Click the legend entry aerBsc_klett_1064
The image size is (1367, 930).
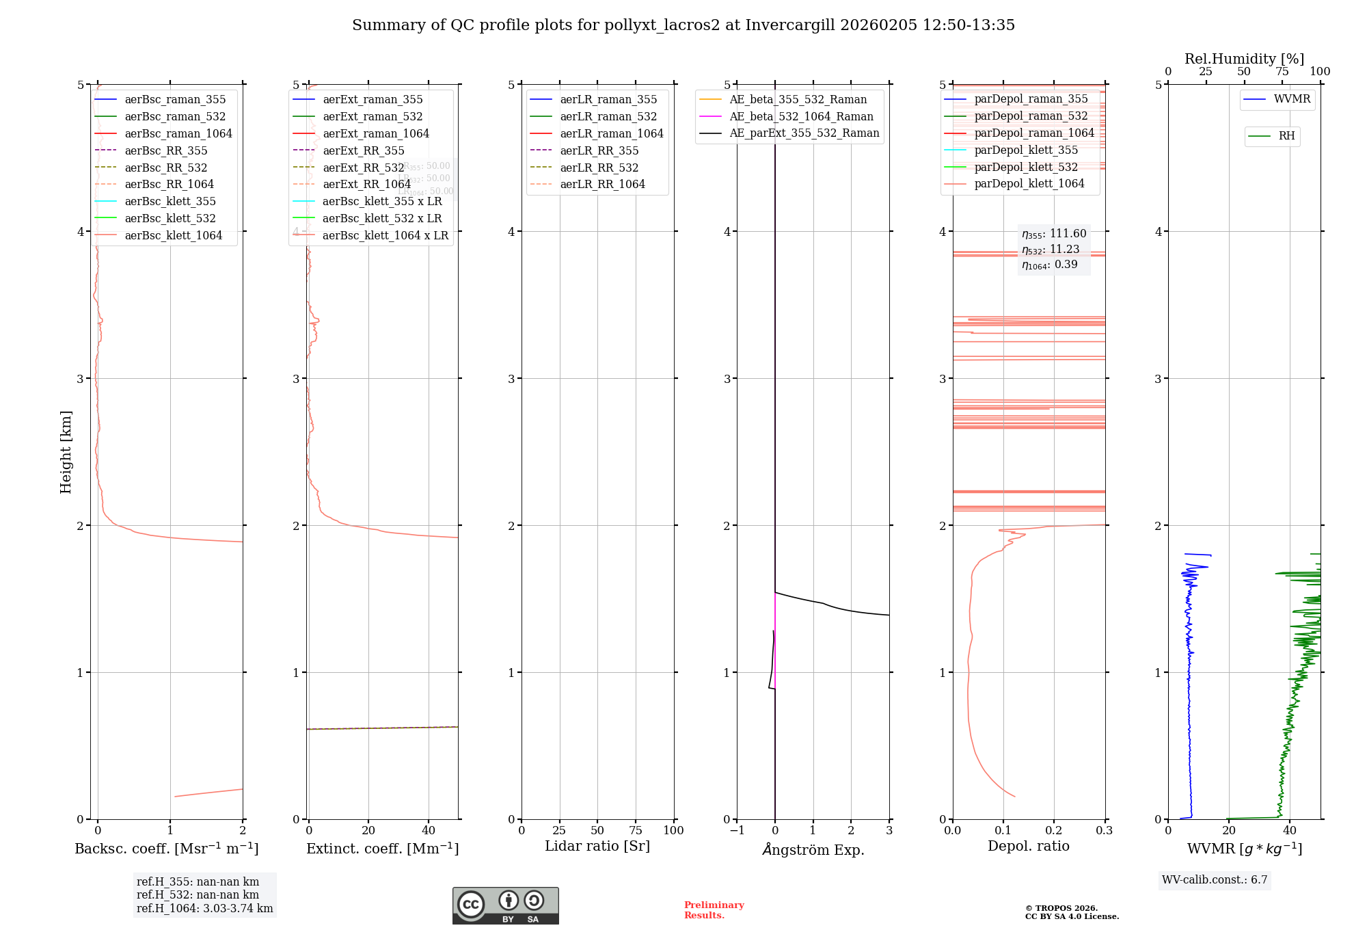point(173,236)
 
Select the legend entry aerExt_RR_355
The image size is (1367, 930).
point(363,151)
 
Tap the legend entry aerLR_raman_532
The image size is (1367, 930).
point(608,117)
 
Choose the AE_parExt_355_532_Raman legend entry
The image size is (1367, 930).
point(804,133)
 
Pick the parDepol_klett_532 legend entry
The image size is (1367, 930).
point(1025,168)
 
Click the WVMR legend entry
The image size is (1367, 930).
point(1291,99)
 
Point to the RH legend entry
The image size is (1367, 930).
point(1286,136)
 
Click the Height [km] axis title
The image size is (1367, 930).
point(66,452)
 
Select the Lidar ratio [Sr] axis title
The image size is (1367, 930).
point(597,847)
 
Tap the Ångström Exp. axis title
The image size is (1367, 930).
point(813,850)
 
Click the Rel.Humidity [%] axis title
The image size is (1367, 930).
point(1244,59)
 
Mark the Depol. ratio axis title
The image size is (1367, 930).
point(1028,847)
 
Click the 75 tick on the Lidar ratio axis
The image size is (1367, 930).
point(636,831)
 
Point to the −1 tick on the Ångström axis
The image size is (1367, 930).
point(736,831)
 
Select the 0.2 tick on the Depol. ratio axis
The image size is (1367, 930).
point(1053,831)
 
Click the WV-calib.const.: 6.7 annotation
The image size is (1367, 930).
point(1215,880)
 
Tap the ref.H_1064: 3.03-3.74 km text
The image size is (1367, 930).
point(204,909)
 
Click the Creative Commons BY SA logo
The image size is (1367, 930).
point(505,906)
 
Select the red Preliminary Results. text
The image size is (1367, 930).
point(714,910)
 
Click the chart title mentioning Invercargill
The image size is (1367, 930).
point(683,25)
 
